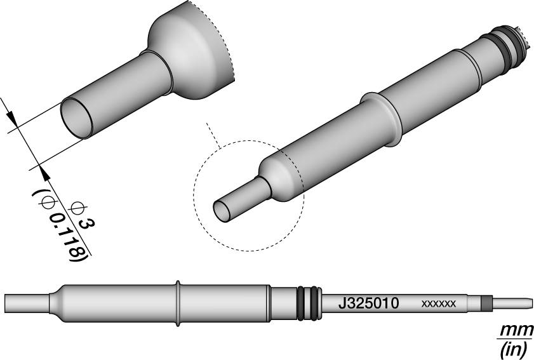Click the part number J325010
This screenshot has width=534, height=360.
point(368,303)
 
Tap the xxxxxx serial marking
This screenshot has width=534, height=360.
point(438,304)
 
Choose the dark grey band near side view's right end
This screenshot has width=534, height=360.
point(486,303)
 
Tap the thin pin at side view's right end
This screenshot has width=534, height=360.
point(511,303)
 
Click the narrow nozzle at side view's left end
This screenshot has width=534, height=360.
point(25,301)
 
